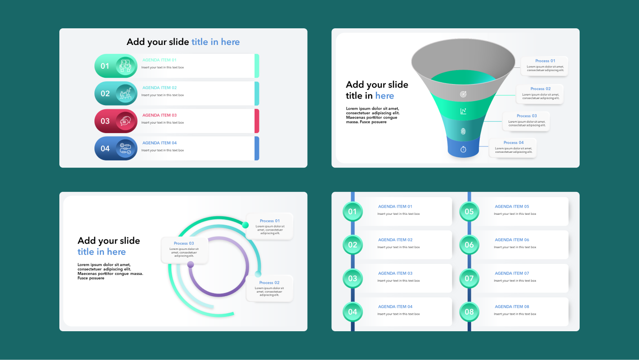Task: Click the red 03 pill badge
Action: (105, 121)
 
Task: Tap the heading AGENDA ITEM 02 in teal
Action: (160, 88)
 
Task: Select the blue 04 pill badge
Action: (105, 148)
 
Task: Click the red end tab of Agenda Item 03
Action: (257, 121)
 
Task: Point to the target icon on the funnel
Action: (463, 94)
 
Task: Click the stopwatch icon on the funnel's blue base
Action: (463, 149)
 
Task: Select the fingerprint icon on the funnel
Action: (463, 131)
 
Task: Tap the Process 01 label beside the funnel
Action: (545, 61)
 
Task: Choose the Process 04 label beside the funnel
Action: (514, 142)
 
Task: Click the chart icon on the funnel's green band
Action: (463, 111)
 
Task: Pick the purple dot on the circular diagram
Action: (191, 264)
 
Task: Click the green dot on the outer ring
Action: (246, 225)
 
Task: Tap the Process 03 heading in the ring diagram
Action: (184, 243)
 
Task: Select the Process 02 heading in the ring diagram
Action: (269, 283)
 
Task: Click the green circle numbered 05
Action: (469, 212)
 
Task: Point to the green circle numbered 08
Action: (469, 312)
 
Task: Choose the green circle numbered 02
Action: (353, 245)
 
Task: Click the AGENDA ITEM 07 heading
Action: (512, 273)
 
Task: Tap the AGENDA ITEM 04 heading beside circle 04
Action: (395, 307)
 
